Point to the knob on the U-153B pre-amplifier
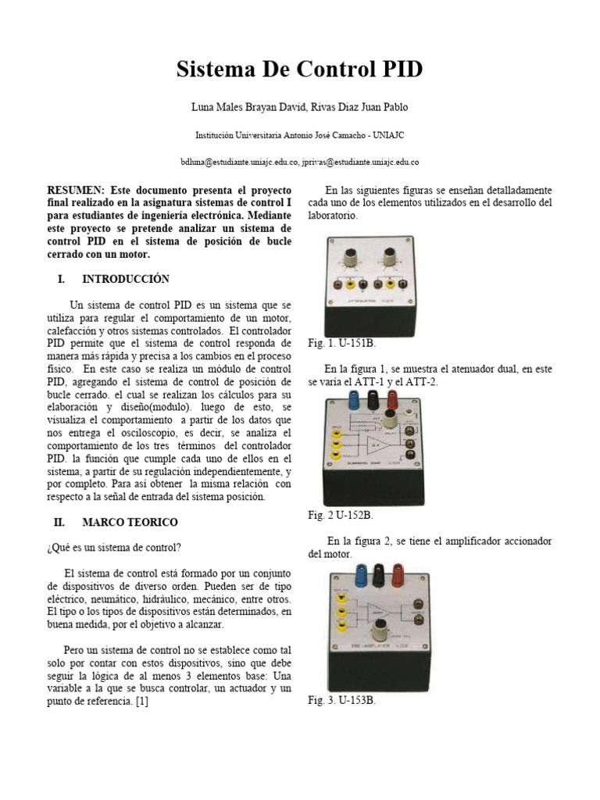(385, 647)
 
